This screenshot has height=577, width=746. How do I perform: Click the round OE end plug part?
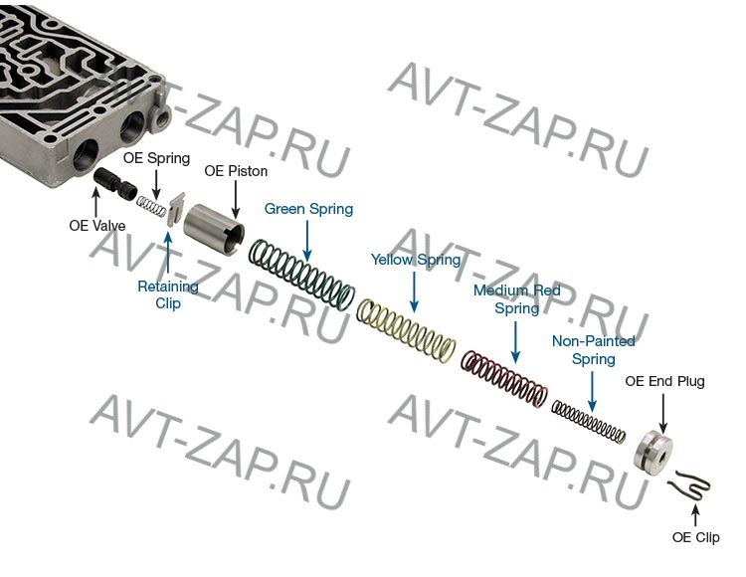tap(653, 452)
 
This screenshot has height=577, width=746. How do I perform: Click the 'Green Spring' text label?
tap(308, 210)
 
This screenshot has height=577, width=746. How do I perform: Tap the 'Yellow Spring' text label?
tap(416, 261)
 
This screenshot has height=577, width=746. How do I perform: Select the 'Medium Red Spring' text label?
tap(516, 299)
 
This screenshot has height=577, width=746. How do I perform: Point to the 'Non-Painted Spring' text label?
tap(593, 350)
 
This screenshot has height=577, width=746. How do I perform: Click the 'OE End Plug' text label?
tap(663, 381)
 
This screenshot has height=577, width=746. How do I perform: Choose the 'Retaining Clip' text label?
tap(168, 294)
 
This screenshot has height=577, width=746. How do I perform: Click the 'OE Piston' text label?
tap(236, 171)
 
